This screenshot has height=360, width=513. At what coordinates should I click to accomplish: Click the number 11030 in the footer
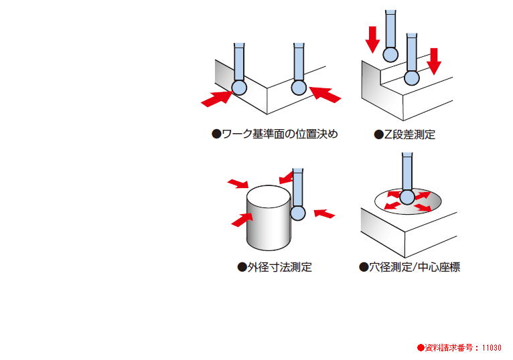[490, 348]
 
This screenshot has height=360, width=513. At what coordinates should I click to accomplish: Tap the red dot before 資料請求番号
[421, 348]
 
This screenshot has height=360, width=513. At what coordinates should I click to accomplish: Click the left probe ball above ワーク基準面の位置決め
[239, 87]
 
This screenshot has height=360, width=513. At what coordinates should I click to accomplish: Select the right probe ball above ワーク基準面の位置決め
[299, 87]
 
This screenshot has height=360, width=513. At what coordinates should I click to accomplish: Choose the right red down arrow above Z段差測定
[434, 60]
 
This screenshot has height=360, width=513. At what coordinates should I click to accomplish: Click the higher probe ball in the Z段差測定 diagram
[390, 54]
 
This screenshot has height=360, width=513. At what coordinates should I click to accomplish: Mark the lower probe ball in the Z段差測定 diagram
[411, 78]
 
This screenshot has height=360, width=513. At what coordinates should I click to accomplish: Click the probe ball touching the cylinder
[298, 213]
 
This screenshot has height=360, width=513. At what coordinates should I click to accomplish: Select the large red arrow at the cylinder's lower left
[242, 219]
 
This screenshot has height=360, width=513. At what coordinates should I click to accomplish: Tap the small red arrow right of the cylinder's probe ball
[324, 213]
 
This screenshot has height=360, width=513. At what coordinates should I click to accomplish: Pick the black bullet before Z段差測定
[378, 134]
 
